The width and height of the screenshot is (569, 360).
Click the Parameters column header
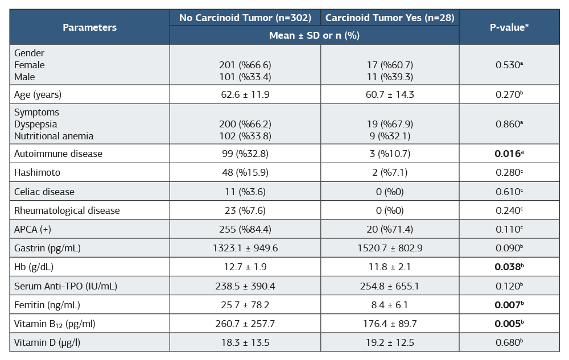coord(90,27)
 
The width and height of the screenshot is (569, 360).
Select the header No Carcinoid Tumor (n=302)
coord(245,18)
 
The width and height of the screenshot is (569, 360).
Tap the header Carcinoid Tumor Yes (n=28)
coord(390,18)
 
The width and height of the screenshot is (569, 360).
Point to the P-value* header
coord(509,27)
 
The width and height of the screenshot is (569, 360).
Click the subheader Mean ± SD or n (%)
coord(314,35)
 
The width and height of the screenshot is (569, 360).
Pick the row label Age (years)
coord(38,95)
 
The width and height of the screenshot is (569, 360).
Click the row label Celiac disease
coord(44,192)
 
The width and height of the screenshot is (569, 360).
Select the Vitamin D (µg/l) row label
coord(47,342)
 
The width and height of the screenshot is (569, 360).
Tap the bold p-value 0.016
coord(509,154)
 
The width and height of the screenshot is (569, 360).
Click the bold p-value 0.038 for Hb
coord(509,267)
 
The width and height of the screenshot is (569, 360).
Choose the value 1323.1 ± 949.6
coord(245,249)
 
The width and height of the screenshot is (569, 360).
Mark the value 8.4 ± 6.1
coord(390,305)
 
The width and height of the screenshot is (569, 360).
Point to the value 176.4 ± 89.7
coord(390,324)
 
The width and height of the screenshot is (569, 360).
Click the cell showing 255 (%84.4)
coord(245,230)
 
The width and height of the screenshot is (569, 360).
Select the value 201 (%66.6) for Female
coord(245,65)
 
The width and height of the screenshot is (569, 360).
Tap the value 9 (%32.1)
coord(390,136)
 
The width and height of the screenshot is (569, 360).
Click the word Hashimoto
coord(37,172)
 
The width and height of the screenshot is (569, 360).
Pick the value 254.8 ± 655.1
coord(390,286)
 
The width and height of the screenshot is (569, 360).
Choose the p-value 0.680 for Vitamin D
coord(509,342)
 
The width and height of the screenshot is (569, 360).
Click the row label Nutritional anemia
coord(53,136)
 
